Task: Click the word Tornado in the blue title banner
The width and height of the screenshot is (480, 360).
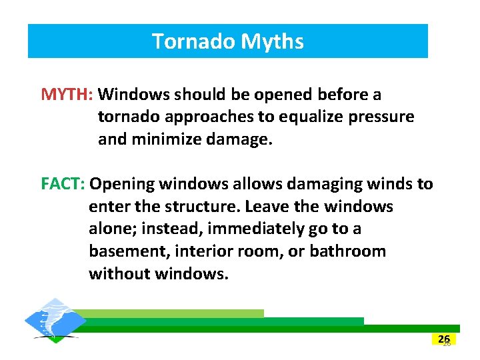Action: click(x=193, y=41)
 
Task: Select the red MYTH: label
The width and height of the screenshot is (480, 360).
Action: click(x=69, y=94)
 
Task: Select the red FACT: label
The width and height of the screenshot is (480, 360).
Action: click(x=63, y=183)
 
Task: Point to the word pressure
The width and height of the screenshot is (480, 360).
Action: click(x=383, y=117)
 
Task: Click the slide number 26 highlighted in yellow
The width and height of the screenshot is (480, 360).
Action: click(x=444, y=339)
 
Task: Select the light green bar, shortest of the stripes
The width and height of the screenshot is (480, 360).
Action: click(x=173, y=313)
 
